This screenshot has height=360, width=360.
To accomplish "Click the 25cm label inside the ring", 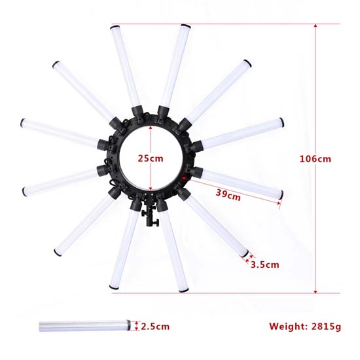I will coord(150,158).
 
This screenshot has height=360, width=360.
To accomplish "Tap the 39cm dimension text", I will coord(228,195).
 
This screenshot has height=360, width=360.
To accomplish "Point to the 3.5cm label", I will coord(265,264).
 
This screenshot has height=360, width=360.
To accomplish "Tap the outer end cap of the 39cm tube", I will coord(281,194).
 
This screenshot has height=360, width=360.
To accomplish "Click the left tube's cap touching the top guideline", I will coord(114,27).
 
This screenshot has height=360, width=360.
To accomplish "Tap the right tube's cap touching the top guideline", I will coord(186,27).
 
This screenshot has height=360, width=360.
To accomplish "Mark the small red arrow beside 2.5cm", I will coord(137,325).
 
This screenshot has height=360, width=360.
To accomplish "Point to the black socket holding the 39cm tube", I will coord(196,172).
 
